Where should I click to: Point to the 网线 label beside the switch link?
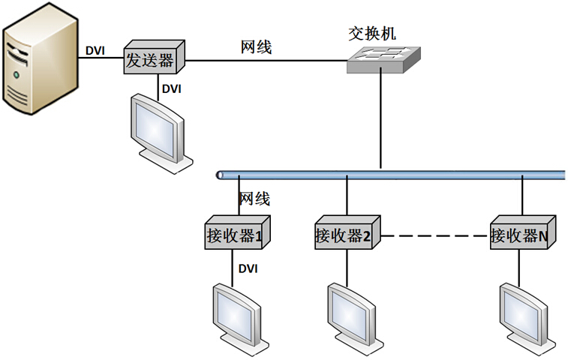(256, 47)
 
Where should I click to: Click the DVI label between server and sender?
(95, 51)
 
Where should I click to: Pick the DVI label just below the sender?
(172, 88)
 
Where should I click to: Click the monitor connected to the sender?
(159, 128)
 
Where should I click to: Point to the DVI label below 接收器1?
(248, 268)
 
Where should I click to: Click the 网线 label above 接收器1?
(254, 199)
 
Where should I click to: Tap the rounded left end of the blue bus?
(220, 175)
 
